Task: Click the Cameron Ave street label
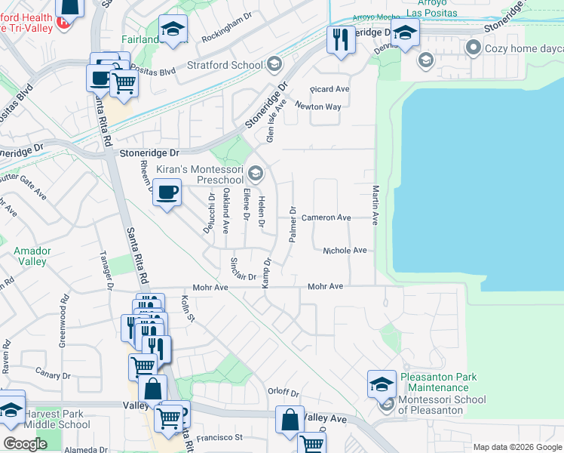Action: point(326,217)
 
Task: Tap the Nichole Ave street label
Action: point(345,250)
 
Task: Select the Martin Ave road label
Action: point(374,203)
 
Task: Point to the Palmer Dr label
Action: point(293,225)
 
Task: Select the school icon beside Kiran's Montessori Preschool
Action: point(255,175)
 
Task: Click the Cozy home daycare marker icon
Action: point(474,48)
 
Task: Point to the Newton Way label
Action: point(323,106)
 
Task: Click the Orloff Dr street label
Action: point(284,393)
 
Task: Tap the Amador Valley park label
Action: point(32,256)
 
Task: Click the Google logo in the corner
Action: point(25,444)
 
